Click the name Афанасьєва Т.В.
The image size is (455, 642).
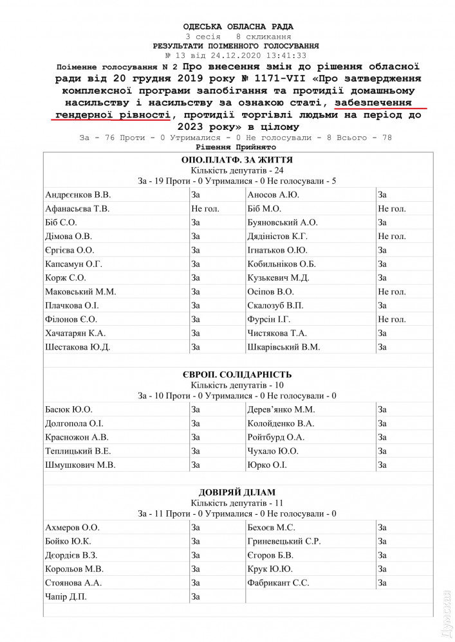click(78, 208)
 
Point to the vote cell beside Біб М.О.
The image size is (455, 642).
click(392, 208)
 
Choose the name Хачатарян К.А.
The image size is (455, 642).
click(75, 333)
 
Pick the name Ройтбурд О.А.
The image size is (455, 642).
click(275, 437)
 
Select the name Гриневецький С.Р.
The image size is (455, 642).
click(284, 541)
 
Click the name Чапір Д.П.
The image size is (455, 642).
click(66, 597)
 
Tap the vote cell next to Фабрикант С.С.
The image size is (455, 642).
click(382, 583)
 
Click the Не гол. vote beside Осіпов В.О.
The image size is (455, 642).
click(392, 291)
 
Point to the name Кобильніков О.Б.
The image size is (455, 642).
click(281, 263)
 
